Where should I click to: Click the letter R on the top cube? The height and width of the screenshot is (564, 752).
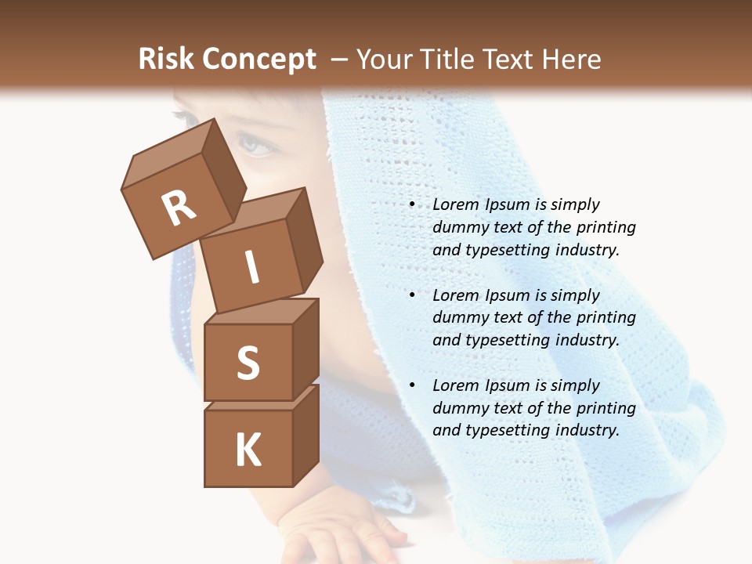pos(179,208)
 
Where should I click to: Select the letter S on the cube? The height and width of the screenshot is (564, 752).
pos(248,363)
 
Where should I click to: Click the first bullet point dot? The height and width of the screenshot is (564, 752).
pos(412,205)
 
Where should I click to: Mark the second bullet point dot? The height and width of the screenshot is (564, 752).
pos(412,295)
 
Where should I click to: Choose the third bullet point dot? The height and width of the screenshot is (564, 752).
pos(412,385)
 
